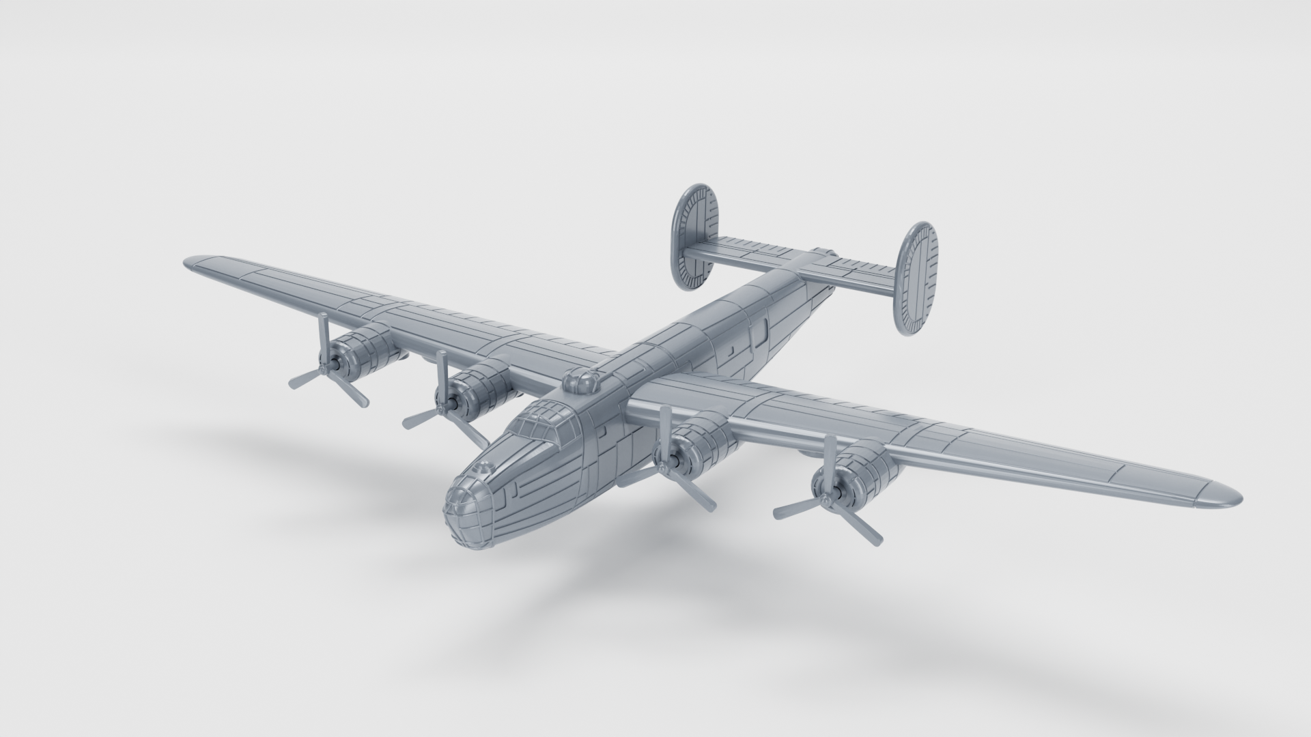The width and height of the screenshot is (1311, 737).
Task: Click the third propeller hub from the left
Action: tap(665, 465)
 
